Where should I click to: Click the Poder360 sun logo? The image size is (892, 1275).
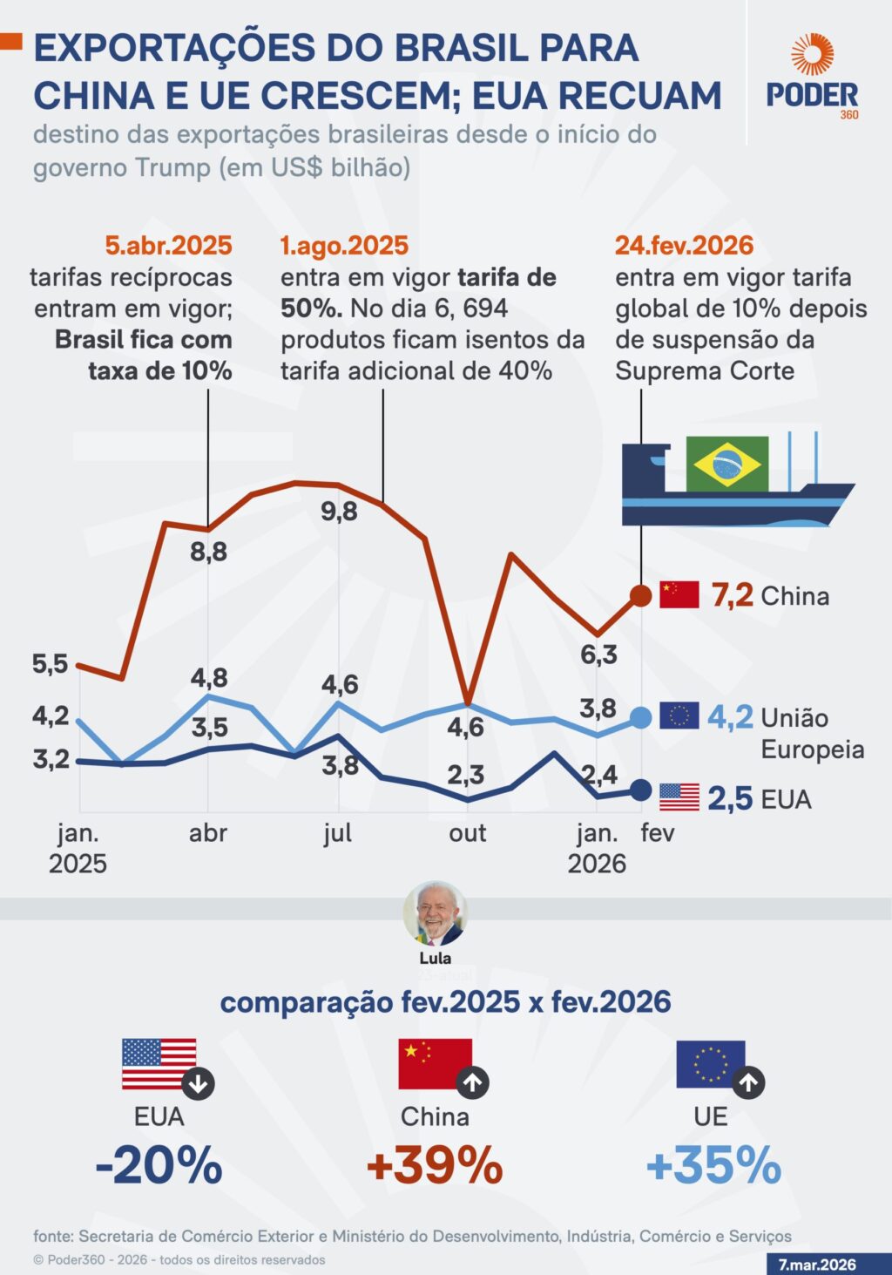pyautogui.click(x=812, y=55)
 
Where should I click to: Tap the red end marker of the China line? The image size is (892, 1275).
pyautogui.click(x=640, y=596)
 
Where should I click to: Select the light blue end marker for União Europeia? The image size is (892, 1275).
pyautogui.click(x=640, y=717)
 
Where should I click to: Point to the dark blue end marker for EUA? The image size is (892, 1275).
pyautogui.click(x=640, y=790)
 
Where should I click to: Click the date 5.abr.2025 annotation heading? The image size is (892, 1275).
pyautogui.click(x=168, y=246)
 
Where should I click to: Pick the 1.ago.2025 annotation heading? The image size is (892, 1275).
pyautogui.click(x=344, y=246)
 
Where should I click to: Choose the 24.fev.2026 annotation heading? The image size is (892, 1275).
pyautogui.click(x=684, y=246)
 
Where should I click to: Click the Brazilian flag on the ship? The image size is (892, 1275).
pyautogui.click(x=726, y=465)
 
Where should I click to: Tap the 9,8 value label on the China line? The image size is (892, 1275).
pyautogui.click(x=339, y=512)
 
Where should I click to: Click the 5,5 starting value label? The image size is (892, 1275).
pyautogui.click(x=50, y=664)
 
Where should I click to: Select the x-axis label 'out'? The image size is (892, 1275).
pyautogui.click(x=467, y=833)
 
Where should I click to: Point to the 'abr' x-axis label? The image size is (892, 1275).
pyautogui.click(x=208, y=833)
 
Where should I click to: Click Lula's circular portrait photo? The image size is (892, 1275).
pyautogui.click(x=435, y=913)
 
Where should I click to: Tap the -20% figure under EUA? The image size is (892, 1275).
pyautogui.click(x=159, y=1165)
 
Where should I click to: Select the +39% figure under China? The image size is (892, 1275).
pyautogui.click(x=435, y=1165)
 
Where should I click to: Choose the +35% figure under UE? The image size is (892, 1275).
pyautogui.click(x=713, y=1165)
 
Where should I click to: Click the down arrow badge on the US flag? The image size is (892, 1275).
pyautogui.click(x=199, y=1084)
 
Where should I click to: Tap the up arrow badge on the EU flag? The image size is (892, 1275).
pyautogui.click(x=748, y=1083)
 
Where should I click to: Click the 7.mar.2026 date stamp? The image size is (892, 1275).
pyautogui.click(x=817, y=1265)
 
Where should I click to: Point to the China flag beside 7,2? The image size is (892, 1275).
pyautogui.click(x=679, y=594)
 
